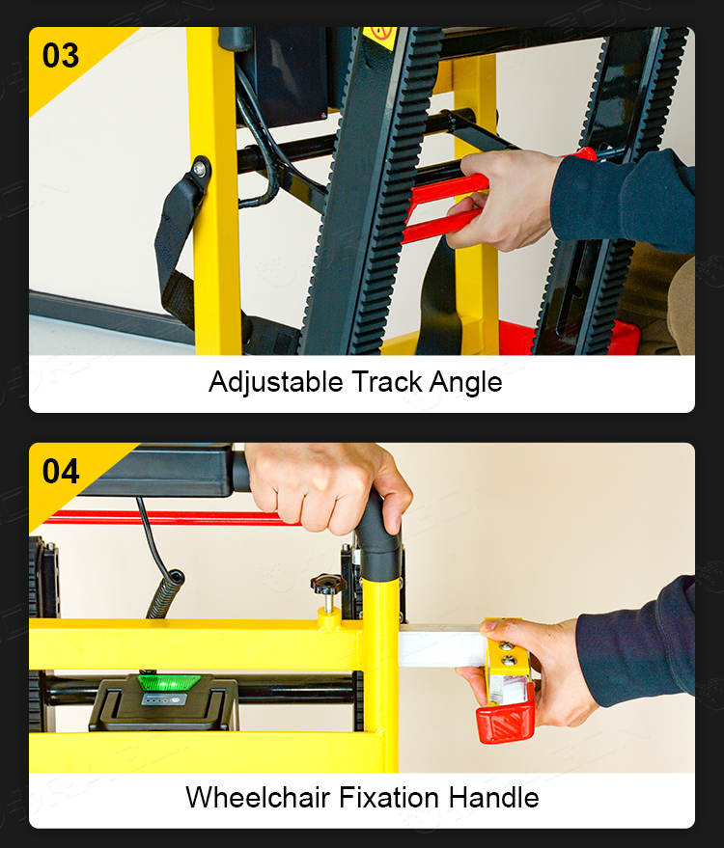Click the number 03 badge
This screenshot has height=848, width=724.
click(x=61, y=56)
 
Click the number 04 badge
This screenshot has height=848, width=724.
click(x=61, y=471)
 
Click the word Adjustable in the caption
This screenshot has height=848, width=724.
click(x=276, y=382)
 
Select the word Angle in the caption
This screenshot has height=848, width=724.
click(x=466, y=383)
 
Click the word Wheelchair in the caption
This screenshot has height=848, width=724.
click(x=258, y=797)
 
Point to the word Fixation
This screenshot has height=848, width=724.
click(x=389, y=797)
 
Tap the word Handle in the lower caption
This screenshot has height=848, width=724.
click(x=493, y=797)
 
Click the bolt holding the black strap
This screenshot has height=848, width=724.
click(x=200, y=169)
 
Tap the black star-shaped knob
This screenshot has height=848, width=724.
click(x=328, y=585)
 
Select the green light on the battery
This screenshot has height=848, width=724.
click(x=169, y=681)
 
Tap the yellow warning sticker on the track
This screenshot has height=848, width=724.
click(x=380, y=37)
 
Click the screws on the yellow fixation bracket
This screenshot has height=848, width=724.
click(x=508, y=653)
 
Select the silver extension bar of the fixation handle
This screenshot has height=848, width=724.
click(x=442, y=645)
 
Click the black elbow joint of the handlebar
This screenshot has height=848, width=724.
click(x=378, y=543)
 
